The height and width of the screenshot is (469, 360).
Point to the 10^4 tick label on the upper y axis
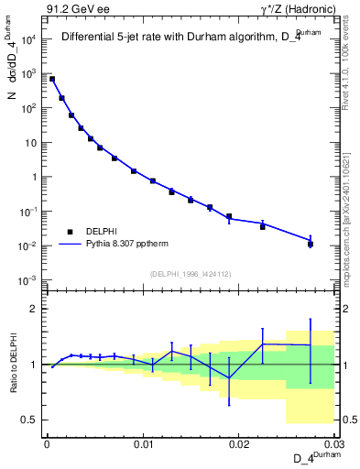28,39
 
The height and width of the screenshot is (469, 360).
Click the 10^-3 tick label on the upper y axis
28,280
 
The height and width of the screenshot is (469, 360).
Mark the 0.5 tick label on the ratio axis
31,420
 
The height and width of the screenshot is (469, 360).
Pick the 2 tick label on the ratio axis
35,310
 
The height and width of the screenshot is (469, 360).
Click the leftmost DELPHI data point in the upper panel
52,79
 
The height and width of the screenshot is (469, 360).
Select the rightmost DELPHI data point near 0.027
311,244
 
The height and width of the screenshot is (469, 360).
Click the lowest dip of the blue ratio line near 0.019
229,378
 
